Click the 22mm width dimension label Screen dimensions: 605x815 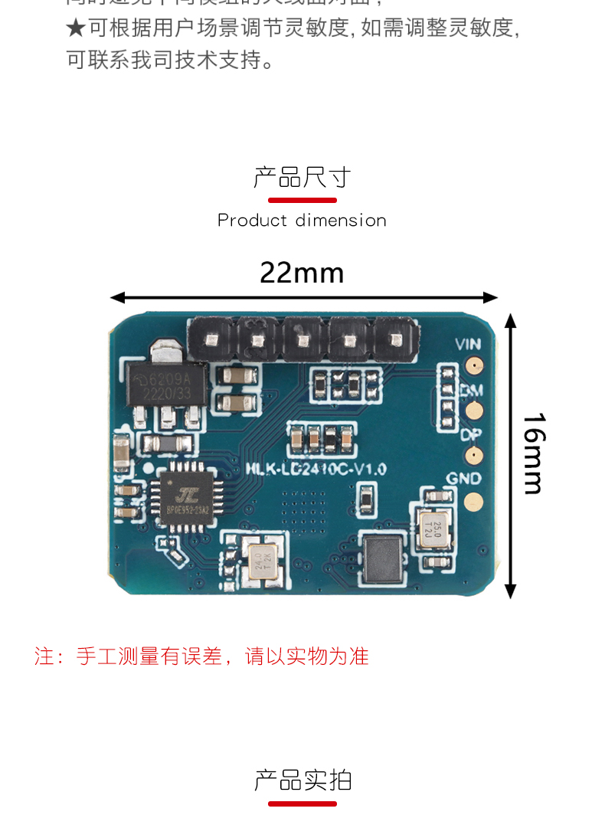[x=302, y=273]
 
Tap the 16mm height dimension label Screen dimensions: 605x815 [x=534, y=453]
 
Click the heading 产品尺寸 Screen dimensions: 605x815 [x=302, y=178]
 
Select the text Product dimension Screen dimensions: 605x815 [x=302, y=221]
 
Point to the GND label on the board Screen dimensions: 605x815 [x=464, y=479]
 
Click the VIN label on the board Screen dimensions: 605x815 [x=468, y=345]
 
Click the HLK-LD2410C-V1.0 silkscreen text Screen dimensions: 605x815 [x=315, y=469]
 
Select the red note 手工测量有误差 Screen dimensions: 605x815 [x=201, y=656]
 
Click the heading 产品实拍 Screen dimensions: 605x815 [x=302, y=781]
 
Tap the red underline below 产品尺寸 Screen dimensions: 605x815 [x=302, y=201]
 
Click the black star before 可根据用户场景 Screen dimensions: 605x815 [x=75, y=28]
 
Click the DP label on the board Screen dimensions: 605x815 [x=469, y=435]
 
